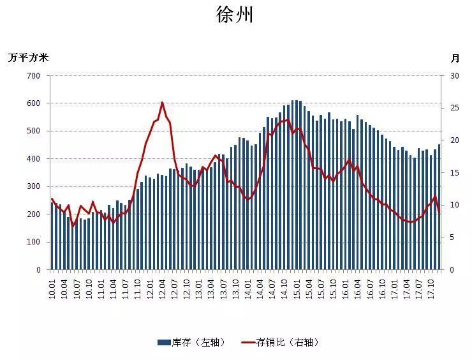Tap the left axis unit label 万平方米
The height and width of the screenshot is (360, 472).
click(x=28, y=57)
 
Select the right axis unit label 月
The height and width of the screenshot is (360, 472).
click(x=455, y=58)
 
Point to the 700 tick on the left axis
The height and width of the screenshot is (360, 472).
click(x=34, y=76)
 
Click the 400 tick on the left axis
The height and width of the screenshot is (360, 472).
click(x=34, y=159)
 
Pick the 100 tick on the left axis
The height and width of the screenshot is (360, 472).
click(x=34, y=243)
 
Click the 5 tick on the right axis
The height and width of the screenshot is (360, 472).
click(x=452, y=237)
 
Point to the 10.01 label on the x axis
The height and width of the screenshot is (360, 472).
click(x=53, y=285)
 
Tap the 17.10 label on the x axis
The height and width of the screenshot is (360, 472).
click(x=432, y=285)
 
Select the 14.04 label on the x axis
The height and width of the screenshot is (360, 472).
click(x=260, y=285)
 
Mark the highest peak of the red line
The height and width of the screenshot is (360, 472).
click(x=162, y=102)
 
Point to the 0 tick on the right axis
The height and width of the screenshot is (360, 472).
click(x=452, y=270)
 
